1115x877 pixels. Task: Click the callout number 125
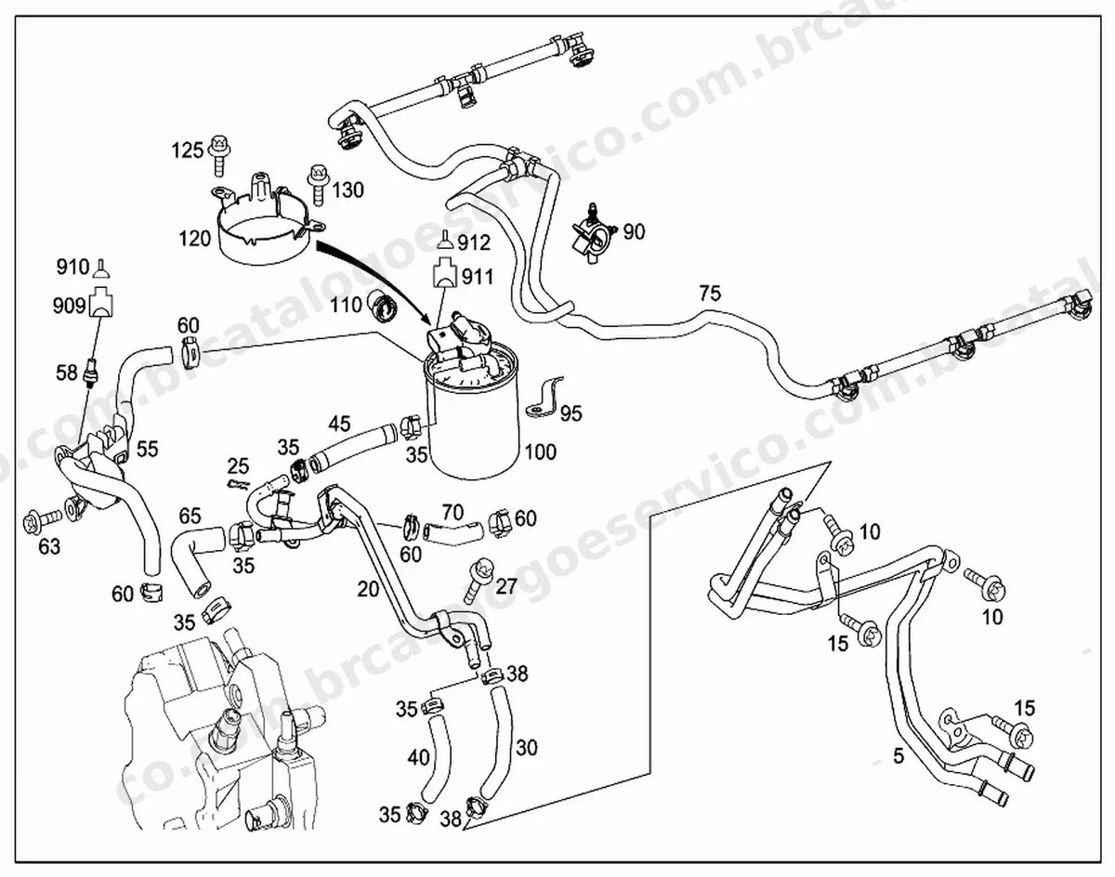188,151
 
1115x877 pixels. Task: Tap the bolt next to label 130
317,186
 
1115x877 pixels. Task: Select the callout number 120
195,238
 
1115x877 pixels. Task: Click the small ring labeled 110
383,308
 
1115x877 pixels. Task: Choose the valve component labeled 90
593,235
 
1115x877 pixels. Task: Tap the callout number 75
710,294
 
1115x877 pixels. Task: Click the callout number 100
541,452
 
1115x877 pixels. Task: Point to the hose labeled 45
353,442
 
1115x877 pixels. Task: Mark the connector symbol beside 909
102,301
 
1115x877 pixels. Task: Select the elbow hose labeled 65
195,558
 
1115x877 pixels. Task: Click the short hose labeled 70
453,532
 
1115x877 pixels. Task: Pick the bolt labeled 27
478,579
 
